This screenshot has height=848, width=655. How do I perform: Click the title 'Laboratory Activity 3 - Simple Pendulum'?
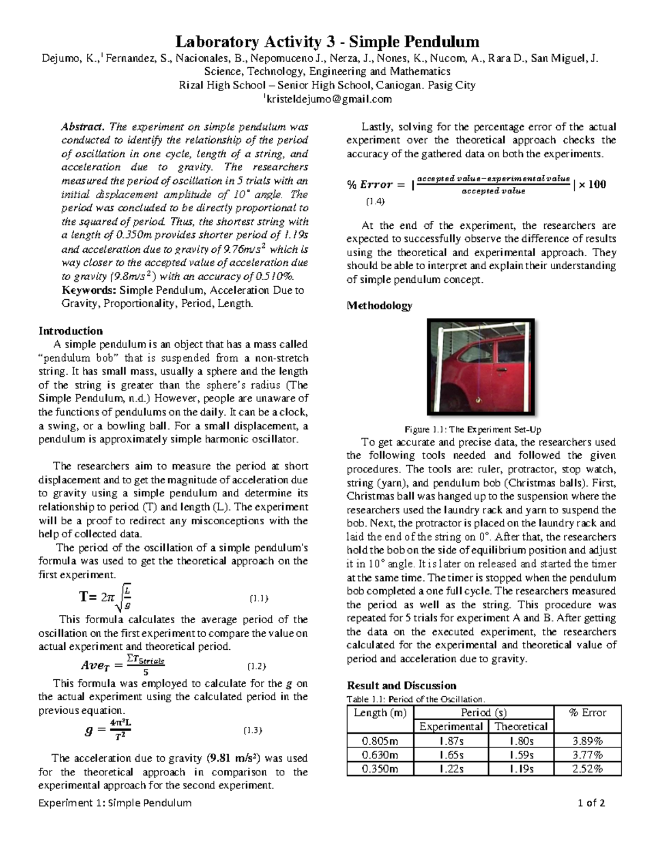327,41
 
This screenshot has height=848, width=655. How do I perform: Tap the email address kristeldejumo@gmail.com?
328,99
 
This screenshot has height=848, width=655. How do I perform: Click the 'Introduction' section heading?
70,331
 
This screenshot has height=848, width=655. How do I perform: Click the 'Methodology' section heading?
379,306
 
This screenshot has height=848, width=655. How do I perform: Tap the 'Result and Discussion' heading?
401,686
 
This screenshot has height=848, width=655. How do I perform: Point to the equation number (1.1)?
258,598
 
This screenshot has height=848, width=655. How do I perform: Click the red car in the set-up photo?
480,371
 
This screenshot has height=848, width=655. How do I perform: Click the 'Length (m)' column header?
380,713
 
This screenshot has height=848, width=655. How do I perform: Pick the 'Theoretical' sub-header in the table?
521,727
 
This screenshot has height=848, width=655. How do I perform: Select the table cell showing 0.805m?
380,742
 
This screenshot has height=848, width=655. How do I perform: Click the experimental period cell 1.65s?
451,755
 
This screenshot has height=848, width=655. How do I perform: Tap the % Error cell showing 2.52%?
587,769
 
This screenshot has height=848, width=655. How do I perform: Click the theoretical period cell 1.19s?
521,769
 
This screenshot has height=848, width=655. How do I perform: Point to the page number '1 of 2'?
591,803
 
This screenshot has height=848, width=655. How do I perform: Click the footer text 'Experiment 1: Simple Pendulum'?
115,803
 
